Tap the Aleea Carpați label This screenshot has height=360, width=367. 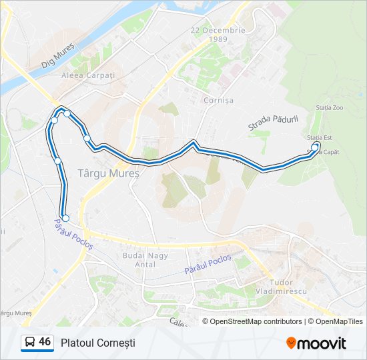coord(89,75)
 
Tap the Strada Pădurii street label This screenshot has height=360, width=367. coord(272,122)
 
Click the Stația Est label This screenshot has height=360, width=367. coord(320,137)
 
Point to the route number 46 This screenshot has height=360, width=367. coord(45,342)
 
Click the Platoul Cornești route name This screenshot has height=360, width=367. coord(97,343)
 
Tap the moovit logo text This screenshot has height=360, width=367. coord(322,343)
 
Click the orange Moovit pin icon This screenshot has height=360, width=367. coord(291,343)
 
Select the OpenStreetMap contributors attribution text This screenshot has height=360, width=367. coord(256,321)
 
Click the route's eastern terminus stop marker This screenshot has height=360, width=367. coord(315,147)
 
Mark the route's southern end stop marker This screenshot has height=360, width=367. coord(65,218)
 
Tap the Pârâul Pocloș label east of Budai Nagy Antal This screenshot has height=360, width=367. coord(208,264)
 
